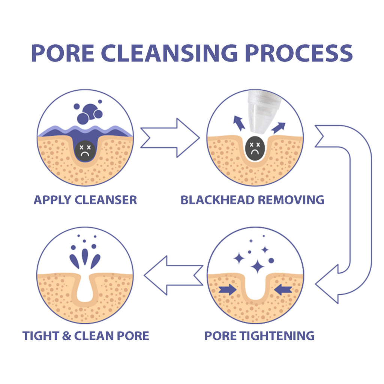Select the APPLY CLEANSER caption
85,200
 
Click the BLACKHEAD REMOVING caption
252,200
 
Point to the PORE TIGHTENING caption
259,336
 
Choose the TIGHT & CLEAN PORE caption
85,336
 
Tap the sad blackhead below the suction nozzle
255,148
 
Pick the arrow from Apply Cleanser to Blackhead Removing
169,138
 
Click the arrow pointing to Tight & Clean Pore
173,275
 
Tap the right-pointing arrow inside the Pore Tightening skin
227,289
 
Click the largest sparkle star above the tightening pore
258,267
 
